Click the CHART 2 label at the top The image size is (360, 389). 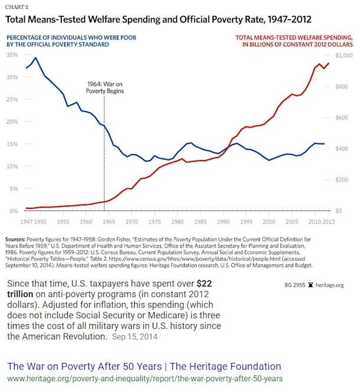18,6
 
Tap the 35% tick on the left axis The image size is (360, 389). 12,55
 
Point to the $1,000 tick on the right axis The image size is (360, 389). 344,55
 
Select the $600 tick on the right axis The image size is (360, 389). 342,117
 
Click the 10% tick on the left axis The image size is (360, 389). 12,166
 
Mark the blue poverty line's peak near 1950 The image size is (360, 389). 36,58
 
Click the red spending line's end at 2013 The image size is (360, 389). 329,63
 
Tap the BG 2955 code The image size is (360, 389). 297,285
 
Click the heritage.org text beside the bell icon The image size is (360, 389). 333,285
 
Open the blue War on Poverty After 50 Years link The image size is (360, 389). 143,366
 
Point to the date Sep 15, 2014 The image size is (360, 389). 136,338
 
